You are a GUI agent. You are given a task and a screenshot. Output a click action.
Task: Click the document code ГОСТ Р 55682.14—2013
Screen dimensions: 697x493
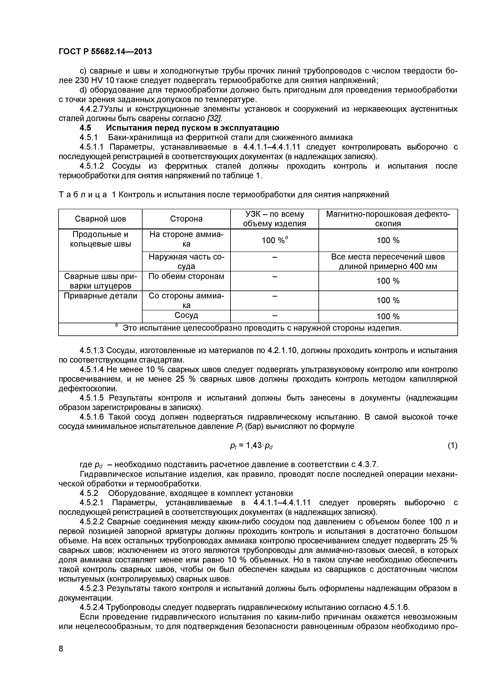point(105,52)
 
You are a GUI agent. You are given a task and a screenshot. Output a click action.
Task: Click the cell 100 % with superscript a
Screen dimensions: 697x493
point(274,240)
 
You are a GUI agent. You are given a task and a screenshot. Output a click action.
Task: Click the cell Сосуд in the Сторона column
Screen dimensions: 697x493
point(186,315)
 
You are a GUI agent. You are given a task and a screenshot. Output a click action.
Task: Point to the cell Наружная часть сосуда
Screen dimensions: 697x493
point(186,261)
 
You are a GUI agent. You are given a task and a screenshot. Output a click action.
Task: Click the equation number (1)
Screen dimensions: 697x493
point(452,445)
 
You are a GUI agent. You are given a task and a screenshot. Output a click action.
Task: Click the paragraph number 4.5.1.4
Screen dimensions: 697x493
point(92,369)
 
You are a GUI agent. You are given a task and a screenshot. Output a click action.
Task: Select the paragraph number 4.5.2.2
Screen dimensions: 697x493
point(92,522)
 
